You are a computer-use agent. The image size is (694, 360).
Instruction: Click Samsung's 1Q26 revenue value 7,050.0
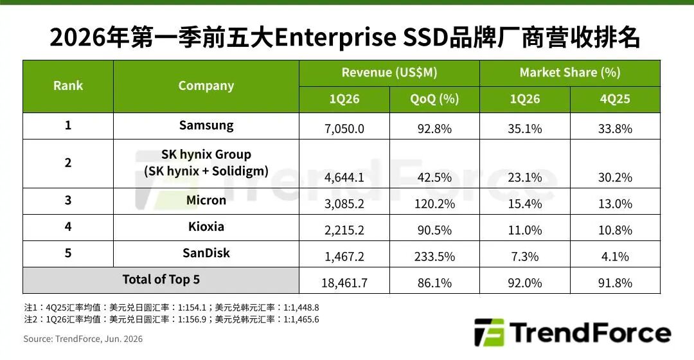(344, 129)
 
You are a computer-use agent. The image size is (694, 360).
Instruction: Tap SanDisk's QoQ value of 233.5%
(434, 256)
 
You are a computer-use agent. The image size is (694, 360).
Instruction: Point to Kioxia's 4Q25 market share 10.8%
(615, 230)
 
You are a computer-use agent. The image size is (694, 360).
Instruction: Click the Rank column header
(68, 85)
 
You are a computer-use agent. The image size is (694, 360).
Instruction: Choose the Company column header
(206, 85)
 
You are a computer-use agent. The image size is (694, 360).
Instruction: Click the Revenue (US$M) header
(389, 73)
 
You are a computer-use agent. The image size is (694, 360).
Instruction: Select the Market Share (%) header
(570, 73)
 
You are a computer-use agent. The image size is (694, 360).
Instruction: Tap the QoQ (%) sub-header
(434, 99)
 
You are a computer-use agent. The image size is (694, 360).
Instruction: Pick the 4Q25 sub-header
(615, 99)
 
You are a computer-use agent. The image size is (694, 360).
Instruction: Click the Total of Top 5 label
(161, 280)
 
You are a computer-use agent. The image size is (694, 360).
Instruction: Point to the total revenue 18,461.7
(344, 283)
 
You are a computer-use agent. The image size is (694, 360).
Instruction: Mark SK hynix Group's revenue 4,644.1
(344, 177)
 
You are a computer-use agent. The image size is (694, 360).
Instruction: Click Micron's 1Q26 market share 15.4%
(525, 204)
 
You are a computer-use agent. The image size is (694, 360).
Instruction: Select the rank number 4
(68, 227)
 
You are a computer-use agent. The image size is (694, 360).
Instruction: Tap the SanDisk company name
(206, 253)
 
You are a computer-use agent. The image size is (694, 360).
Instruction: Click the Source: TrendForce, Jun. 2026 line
(83, 339)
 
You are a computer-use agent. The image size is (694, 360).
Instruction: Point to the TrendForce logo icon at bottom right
(489, 332)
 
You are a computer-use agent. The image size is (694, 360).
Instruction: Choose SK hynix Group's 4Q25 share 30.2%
(615, 177)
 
